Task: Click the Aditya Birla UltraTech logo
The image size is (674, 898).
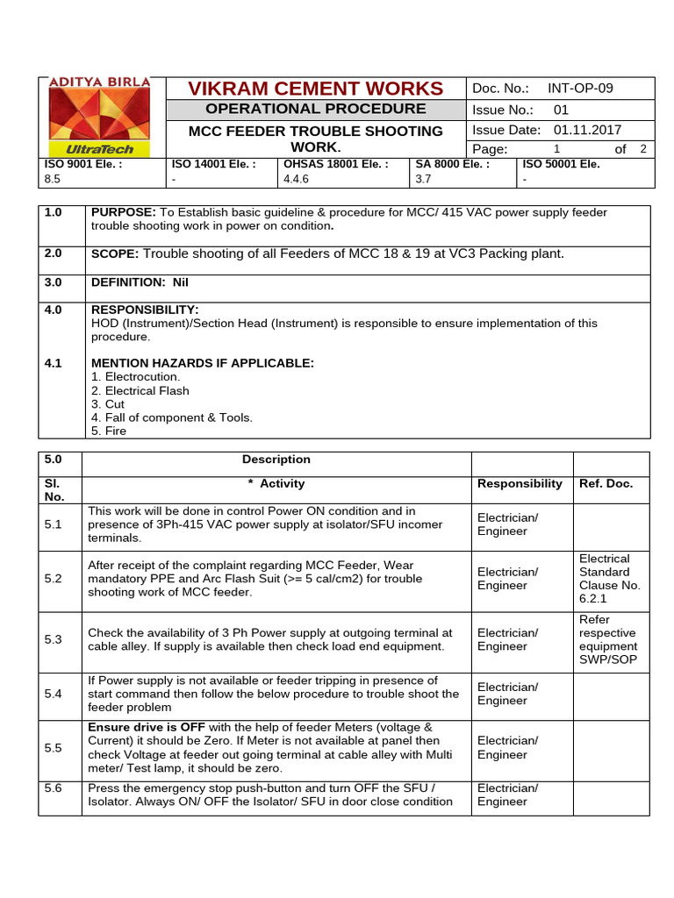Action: coord(99,117)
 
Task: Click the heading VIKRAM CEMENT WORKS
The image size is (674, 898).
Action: coord(315,89)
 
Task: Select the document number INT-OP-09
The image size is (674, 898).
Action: coord(580,89)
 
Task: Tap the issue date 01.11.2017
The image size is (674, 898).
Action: coord(587,129)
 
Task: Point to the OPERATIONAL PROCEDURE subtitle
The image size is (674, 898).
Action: coord(315,109)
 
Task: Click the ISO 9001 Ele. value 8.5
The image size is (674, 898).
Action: coord(52,179)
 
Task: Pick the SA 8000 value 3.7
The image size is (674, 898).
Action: coord(423,179)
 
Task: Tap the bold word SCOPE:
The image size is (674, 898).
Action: coord(115,253)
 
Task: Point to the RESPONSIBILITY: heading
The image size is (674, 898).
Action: coord(145,310)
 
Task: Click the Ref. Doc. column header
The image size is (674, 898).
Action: coord(606,483)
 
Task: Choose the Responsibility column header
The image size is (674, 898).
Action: coord(520,483)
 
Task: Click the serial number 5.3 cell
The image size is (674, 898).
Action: coord(54,639)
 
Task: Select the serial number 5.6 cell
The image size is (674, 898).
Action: coord(54,788)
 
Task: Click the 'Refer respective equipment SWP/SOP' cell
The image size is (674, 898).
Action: coord(608,639)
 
